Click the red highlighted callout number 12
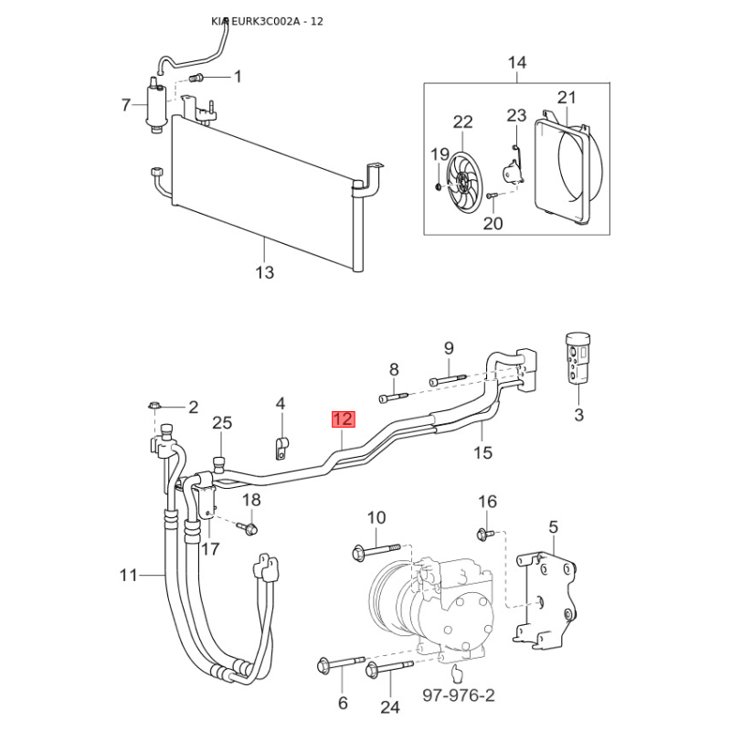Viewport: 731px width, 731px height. (x=344, y=419)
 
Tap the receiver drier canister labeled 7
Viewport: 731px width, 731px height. (x=154, y=105)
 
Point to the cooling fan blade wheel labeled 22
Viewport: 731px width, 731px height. (x=463, y=181)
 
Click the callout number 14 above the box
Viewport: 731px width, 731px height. (x=516, y=62)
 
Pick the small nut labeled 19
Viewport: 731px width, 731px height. (x=438, y=187)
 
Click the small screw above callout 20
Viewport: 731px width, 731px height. (x=492, y=196)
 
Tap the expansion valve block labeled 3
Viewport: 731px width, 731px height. (x=577, y=358)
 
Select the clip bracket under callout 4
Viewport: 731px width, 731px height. (x=281, y=447)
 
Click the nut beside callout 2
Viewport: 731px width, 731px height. (x=154, y=406)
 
